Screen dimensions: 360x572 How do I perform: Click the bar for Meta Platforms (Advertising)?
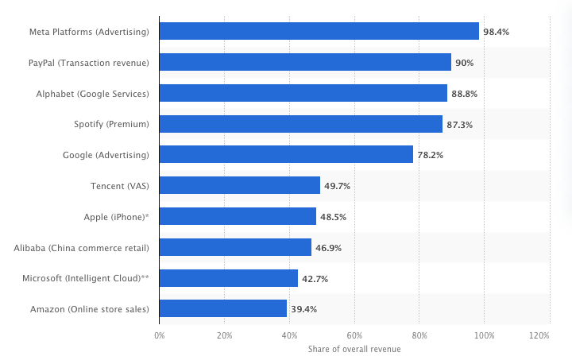point(319,31)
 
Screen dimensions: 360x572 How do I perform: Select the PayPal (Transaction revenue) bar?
point(305,62)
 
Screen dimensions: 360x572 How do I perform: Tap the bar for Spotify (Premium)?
point(300,124)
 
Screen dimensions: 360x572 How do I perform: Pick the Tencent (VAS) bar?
point(239,186)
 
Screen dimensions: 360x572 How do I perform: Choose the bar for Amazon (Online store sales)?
point(222,309)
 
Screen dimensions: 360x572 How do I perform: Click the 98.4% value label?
point(497,32)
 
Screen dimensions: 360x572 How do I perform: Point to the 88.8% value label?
point(465,94)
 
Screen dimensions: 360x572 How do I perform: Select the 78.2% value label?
point(431,155)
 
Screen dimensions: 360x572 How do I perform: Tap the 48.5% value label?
point(334,217)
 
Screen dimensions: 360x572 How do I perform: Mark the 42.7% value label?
point(315,279)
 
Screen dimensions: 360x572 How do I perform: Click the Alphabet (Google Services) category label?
point(92,94)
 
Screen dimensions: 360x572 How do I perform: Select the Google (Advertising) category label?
point(106,155)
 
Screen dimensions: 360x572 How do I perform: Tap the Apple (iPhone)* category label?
point(116,217)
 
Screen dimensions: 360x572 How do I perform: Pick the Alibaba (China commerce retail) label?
point(81,248)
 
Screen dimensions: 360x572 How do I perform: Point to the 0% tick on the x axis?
point(159,336)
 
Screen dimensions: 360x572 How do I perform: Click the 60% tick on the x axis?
point(354,336)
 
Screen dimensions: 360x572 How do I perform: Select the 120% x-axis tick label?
point(539,336)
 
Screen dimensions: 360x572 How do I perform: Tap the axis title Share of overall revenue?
point(354,349)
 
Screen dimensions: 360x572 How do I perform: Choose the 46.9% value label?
point(329,248)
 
